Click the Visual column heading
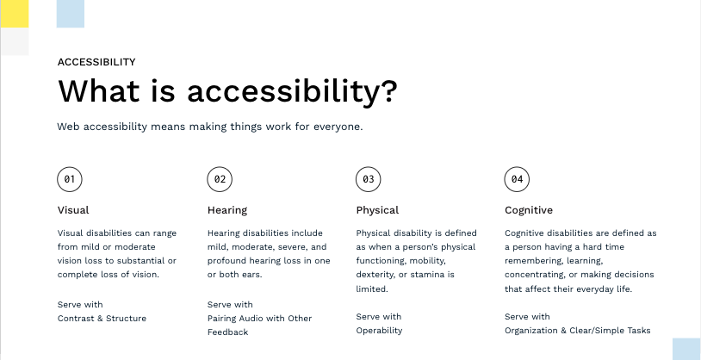(73, 210)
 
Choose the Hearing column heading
(227, 211)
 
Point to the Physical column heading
(377, 211)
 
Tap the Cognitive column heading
(529, 211)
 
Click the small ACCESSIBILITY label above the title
(96, 62)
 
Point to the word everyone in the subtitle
(337, 127)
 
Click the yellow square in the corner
(15, 14)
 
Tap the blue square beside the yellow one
(71, 14)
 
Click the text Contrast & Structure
(102, 319)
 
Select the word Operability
(379, 331)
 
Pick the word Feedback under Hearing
(227, 332)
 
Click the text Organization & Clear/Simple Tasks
(578, 331)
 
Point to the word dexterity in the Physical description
(375, 275)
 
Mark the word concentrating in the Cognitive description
(535, 275)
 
